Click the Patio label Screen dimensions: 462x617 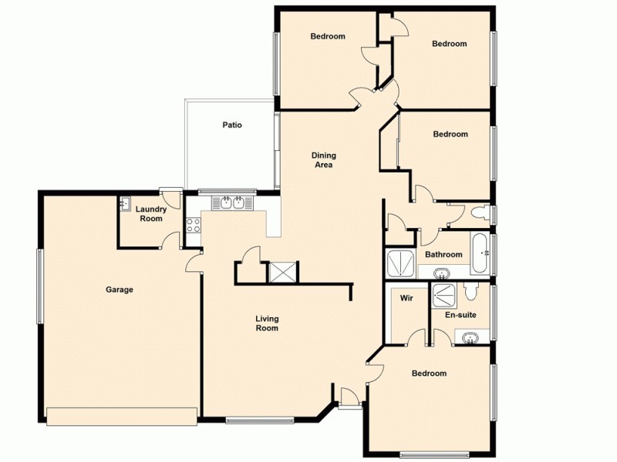pos(232,125)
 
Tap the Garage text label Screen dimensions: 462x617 pos(120,290)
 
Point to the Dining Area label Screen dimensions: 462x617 pos(324,160)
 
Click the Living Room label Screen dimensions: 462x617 pos(268,323)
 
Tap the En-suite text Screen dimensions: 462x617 pos(460,315)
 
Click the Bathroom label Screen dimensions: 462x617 pos(443,255)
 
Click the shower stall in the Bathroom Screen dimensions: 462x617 pos(400,263)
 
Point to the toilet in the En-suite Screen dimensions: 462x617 pos(471,291)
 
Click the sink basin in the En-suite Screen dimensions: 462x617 pos(471,336)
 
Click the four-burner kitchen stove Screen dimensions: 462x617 pos(192,226)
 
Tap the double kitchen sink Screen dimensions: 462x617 pos(232,203)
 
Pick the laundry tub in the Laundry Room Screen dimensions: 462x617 pos(124,204)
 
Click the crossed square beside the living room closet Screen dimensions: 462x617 pos(281,272)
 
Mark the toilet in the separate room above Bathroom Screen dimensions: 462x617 pos(479,213)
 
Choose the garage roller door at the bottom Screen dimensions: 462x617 pos(121,416)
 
